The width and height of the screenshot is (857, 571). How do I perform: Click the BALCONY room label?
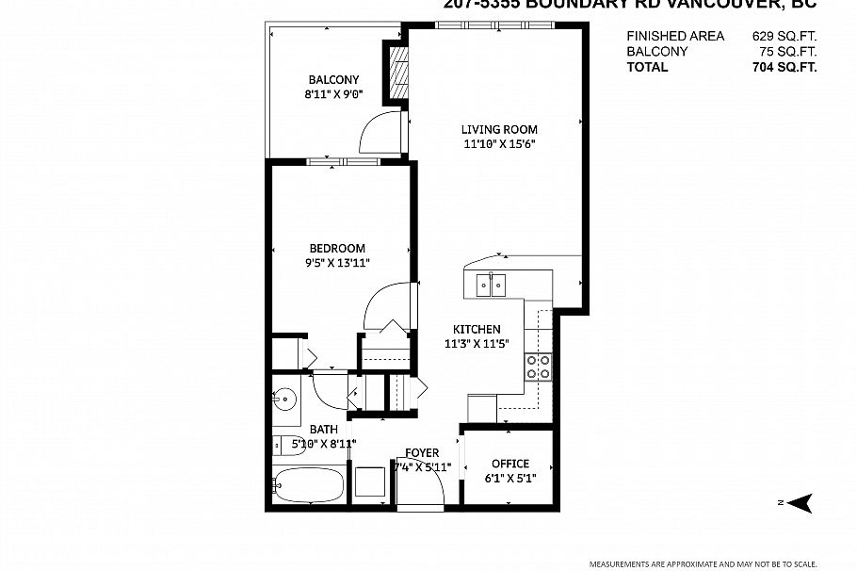(x=332, y=79)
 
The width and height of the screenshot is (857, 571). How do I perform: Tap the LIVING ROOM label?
(x=499, y=130)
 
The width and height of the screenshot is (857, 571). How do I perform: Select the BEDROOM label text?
(x=336, y=249)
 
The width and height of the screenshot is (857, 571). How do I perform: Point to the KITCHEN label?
(x=477, y=329)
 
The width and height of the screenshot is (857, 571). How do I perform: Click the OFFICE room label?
(x=510, y=464)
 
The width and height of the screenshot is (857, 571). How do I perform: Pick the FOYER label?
(x=422, y=453)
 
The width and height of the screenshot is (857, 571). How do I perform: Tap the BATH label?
(x=324, y=430)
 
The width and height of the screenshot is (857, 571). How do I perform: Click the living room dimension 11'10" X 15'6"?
(x=499, y=144)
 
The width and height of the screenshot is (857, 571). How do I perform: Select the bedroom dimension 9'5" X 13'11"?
(x=336, y=263)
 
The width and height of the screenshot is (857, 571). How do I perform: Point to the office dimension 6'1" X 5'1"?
(x=510, y=478)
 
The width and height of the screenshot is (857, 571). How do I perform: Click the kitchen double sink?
(x=491, y=283)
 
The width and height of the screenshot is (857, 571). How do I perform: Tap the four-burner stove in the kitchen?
(x=539, y=367)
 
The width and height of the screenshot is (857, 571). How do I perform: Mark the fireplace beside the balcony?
(x=397, y=71)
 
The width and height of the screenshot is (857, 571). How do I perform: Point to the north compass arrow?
(x=800, y=504)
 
